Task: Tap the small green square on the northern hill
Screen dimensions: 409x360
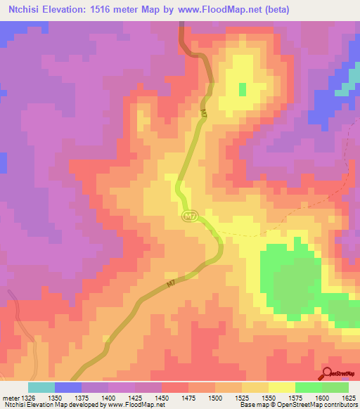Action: pos(243,89)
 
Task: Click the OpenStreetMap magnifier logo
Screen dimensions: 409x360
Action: pos(328,373)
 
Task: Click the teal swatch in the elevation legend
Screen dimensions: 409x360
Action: pos(41,387)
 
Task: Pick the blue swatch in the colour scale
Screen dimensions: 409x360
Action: pos(68,387)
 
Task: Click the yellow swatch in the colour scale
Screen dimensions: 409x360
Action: pos(282,387)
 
